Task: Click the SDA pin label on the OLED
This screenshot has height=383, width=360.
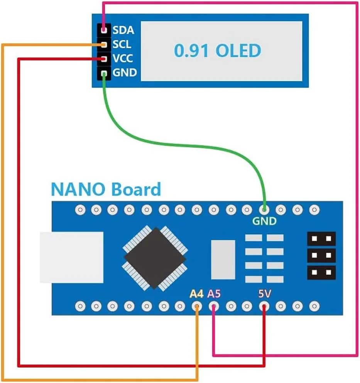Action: [x=123, y=30]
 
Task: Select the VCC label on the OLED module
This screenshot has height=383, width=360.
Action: [x=123, y=58]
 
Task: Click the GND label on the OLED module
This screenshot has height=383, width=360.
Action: [x=124, y=72]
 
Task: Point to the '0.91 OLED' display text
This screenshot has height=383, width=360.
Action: [x=217, y=51]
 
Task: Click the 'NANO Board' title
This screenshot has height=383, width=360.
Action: [x=105, y=190]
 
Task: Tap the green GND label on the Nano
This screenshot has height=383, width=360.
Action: [x=264, y=221]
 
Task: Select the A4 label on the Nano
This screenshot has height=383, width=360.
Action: [x=196, y=294]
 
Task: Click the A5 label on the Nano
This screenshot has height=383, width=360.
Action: [x=214, y=294]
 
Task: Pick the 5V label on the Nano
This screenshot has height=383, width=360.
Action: [x=264, y=294]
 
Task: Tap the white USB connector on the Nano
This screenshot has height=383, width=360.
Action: [x=72, y=257]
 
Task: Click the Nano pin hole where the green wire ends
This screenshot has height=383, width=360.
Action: [x=264, y=210]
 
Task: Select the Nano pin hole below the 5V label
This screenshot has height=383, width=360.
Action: [x=264, y=307]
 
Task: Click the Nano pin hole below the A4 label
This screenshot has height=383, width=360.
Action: [x=197, y=307]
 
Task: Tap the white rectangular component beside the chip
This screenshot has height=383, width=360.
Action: [x=223, y=259]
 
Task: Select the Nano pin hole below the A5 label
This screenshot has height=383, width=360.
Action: [x=214, y=307]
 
